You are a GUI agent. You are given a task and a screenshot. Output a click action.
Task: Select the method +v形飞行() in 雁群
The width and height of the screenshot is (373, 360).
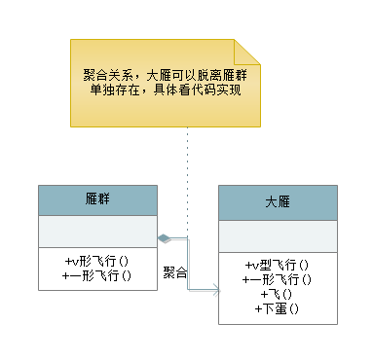96,261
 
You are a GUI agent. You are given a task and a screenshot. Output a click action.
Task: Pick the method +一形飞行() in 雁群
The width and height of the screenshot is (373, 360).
96,275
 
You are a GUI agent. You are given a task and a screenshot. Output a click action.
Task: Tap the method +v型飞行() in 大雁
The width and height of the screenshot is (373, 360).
279,265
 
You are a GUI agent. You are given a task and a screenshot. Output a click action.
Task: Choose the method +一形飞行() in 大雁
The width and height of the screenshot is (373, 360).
279,279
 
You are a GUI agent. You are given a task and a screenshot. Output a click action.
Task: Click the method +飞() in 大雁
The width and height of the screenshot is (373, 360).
279,294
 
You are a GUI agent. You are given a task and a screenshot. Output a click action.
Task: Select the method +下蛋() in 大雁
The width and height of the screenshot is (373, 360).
279,308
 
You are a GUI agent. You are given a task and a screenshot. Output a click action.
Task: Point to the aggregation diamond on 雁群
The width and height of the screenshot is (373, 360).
164,237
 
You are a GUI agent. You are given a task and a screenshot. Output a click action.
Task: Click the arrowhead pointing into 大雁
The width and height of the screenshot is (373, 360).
213,289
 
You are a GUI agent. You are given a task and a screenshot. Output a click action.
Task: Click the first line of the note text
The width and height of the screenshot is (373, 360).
161,74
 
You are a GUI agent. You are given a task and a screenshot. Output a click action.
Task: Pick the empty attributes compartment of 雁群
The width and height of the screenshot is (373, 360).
95,232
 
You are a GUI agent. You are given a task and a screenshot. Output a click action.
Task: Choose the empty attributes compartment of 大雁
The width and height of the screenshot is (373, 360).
278,235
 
